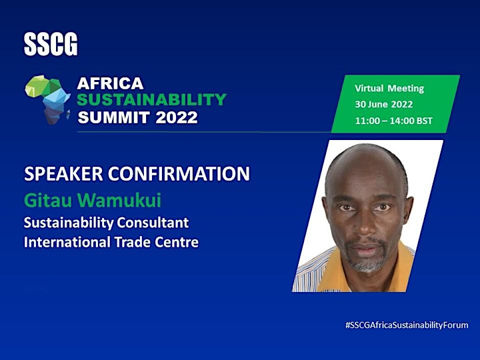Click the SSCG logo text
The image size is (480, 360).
(51, 45)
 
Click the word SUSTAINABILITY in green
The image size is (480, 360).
(151, 99)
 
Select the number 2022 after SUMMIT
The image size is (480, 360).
(176, 117)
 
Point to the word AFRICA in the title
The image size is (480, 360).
(110, 83)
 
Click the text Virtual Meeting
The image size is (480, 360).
(389, 89)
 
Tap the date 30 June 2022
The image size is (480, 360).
(384, 105)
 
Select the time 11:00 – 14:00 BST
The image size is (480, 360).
(394, 121)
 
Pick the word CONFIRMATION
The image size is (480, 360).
(179, 173)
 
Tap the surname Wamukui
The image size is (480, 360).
(119, 201)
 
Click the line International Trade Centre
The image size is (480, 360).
(111, 242)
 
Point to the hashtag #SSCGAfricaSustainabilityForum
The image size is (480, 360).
(407, 325)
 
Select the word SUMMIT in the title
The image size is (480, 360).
(114, 117)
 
